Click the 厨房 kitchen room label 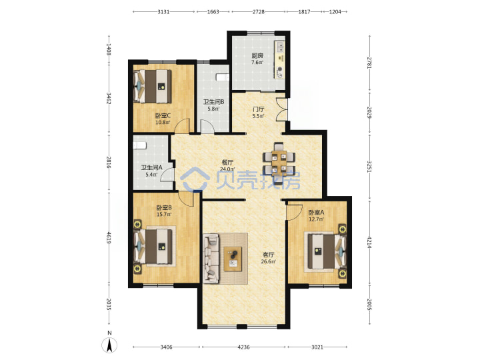[257, 56]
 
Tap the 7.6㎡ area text [257, 63]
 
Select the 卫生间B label [214, 102]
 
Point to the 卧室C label [163, 116]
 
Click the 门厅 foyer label [259, 109]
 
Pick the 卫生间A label [151, 168]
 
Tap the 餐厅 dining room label [227, 162]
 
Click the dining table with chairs [279, 163]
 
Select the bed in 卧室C [153, 86]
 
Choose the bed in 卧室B [155, 246]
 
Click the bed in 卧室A [325, 251]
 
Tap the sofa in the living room [211, 259]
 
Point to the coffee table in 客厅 [233, 259]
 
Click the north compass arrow [109, 345]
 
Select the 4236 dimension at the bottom [244, 347]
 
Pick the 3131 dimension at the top [163, 11]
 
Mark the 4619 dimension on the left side [109, 237]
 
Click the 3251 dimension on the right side [369, 167]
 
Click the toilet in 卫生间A [139, 145]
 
